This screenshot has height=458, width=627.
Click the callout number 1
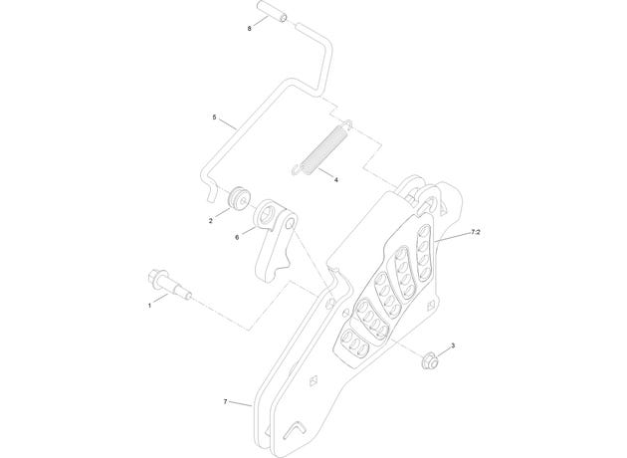[150, 306]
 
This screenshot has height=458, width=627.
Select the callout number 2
[211, 221]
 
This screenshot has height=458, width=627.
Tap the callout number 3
[453, 345]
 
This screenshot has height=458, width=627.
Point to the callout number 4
[336, 180]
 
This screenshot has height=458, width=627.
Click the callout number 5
[214, 117]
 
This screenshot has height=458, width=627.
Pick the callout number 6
[237, 237]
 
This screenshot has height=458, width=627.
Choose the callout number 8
[250, 29]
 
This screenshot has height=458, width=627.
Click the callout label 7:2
[475, 232]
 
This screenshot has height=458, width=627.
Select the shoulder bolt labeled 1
[169, 285]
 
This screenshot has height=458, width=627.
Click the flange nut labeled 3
[428, 358]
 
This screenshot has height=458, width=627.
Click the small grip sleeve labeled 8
[273, 11]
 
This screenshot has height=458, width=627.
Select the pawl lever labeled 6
[274, 240]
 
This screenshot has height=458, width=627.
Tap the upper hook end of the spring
[348, 124]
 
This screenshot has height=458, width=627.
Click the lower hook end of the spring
[296, 170]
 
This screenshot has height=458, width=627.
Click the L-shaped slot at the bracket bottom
[295, 429]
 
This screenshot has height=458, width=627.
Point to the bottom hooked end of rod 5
[211, 194]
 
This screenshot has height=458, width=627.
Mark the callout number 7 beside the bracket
[225, 401]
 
